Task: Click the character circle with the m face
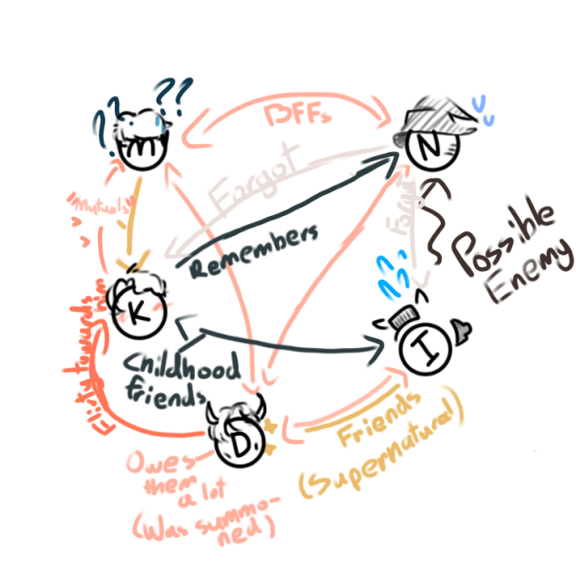(144, 147)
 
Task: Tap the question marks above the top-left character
(172, 91)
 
